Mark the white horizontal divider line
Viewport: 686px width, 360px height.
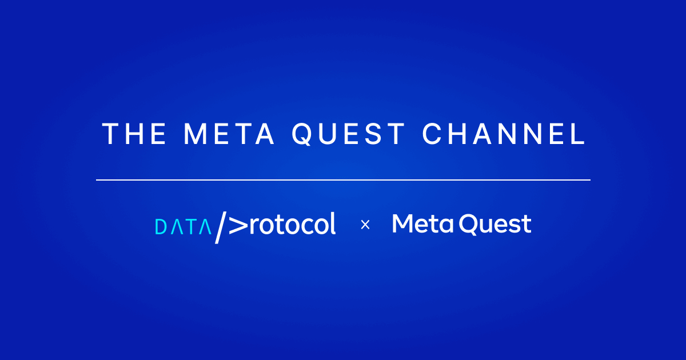click(x=343, y=180)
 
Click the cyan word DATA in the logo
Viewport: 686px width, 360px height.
click(x=183, y=227)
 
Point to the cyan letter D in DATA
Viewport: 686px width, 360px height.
click(x=161, y=227)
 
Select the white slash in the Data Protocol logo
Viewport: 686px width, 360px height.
click(x=220, y=226)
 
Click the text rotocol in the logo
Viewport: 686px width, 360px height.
click(x=293, y=225)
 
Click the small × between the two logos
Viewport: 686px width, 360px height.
click(x=365, y=225)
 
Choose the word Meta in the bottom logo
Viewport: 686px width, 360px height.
click(x=423, y=224)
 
